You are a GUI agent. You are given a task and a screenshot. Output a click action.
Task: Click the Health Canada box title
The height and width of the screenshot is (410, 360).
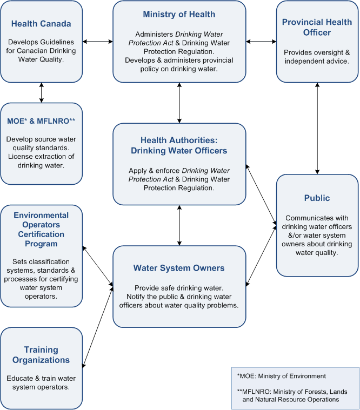pos(41,24)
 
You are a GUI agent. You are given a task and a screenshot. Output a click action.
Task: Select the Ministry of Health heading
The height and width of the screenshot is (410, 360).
pos(179,14)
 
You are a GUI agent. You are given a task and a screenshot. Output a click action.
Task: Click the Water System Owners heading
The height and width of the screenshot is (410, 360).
pos(179,268)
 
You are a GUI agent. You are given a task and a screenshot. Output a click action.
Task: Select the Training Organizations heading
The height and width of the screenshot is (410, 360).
pos(41,354)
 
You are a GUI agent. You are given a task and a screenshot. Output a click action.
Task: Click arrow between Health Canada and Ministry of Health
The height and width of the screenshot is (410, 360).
pos(98,41)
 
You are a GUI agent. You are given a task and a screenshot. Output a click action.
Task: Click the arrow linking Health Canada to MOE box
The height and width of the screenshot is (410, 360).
pos(41,92)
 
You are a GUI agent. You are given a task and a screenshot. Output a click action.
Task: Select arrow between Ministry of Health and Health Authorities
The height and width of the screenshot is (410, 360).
pos(179,103)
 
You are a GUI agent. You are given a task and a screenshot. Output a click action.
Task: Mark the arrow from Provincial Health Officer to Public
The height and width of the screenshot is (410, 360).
pos(317,127)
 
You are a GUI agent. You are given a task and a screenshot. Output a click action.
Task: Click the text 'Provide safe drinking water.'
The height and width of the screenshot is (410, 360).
pos(179,287)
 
